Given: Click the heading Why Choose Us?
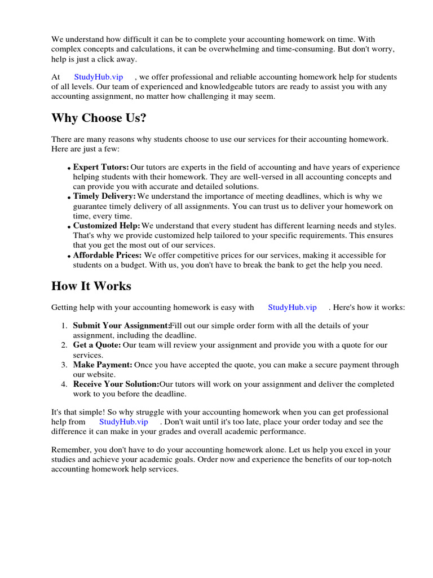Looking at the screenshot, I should (94, 118).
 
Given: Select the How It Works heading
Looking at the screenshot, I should (91, 286).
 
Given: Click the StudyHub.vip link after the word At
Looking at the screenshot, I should (98, 77).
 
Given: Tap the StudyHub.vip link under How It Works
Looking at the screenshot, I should (292, 308).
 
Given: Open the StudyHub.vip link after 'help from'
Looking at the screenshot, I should (123, 422).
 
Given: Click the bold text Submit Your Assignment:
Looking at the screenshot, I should (121, 326).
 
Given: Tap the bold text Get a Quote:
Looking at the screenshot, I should (97, 345).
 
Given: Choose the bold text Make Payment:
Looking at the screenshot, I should (103, 365).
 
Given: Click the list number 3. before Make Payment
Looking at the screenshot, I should (64, 365).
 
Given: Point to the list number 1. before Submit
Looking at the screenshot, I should (64, 326).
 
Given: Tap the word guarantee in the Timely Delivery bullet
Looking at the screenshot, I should (90, 206).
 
